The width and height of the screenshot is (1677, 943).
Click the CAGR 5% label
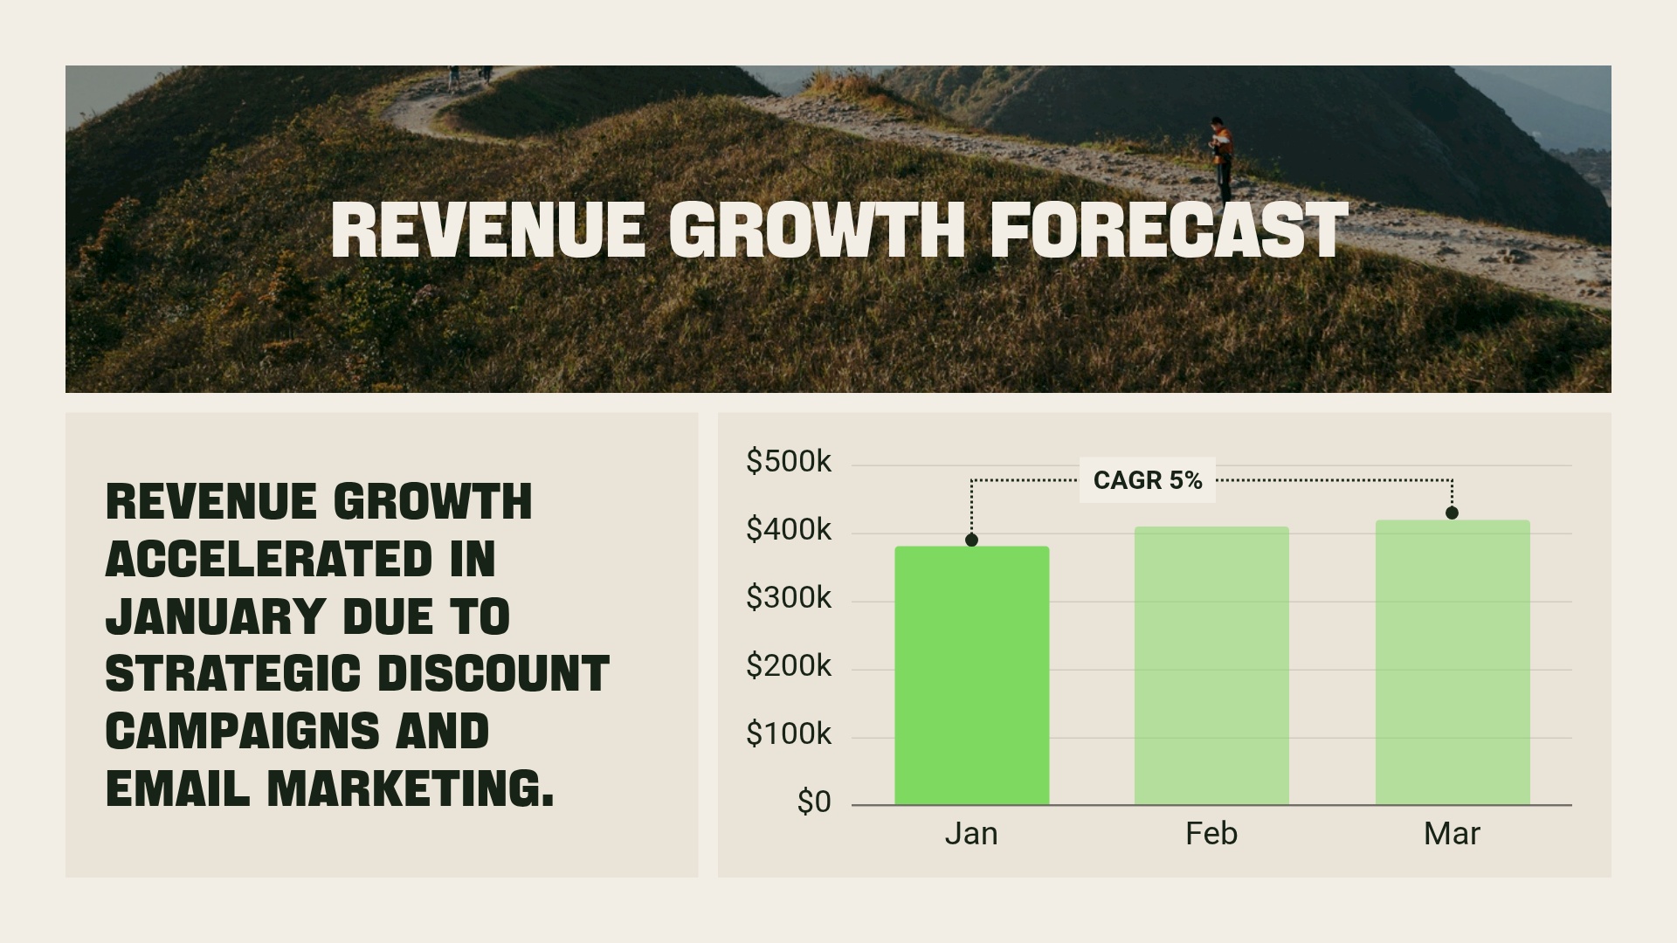(1147, 480)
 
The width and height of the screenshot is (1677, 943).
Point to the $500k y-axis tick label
(788, 461)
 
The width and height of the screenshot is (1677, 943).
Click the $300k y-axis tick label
(788, 598)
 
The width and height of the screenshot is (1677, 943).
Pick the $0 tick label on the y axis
(813, 802)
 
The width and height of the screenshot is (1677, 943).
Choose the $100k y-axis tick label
(788, 734)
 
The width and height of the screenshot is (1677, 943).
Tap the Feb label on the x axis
(1211, 834)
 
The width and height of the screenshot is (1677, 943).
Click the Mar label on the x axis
(1452, 834)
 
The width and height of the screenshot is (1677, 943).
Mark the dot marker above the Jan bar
(971, 540)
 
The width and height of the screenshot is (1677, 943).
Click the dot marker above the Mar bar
(1452, 513)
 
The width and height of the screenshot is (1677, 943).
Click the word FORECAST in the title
(1170, 231)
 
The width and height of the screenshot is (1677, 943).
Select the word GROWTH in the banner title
(817, 231)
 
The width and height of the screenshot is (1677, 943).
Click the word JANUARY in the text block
(215, 616)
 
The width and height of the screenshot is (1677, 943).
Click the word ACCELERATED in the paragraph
(268, 559)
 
